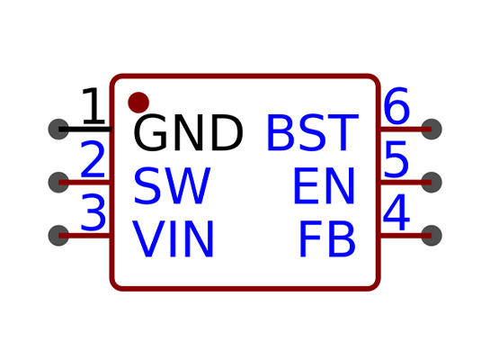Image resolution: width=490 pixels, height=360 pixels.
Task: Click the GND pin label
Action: [188, 132]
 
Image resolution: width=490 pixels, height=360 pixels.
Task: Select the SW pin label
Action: [173, 185]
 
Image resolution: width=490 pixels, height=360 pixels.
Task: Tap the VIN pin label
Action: [174, 238]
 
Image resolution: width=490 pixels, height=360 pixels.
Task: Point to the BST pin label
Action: [312, 132]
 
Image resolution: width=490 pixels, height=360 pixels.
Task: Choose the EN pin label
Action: [324, 185]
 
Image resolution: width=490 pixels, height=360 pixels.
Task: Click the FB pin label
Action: [327, 238]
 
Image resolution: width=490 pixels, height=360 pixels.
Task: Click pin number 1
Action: [94, 105]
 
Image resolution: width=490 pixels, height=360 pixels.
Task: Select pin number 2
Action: [93, 159]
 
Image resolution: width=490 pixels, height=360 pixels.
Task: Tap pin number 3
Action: [94, 212]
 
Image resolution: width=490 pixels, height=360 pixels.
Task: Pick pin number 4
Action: [396, 212]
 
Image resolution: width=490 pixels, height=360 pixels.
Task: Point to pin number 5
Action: [396, 159]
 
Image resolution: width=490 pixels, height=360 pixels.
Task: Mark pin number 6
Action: [396, 105]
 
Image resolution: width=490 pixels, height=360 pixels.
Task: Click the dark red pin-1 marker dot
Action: [138, 103]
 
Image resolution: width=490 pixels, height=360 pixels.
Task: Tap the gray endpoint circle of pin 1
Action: [58, 130]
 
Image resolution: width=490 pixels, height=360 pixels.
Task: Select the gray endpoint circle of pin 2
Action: [58, 183]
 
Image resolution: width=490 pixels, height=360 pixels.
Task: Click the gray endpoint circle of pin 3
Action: [58, 236]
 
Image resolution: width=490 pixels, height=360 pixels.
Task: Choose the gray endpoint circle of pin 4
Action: [432, 236]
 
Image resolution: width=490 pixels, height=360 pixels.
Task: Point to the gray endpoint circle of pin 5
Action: [432, 183]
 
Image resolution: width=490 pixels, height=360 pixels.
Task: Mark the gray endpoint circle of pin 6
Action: [432, 130]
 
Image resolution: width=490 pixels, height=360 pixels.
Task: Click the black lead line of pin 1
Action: [85, 130]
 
